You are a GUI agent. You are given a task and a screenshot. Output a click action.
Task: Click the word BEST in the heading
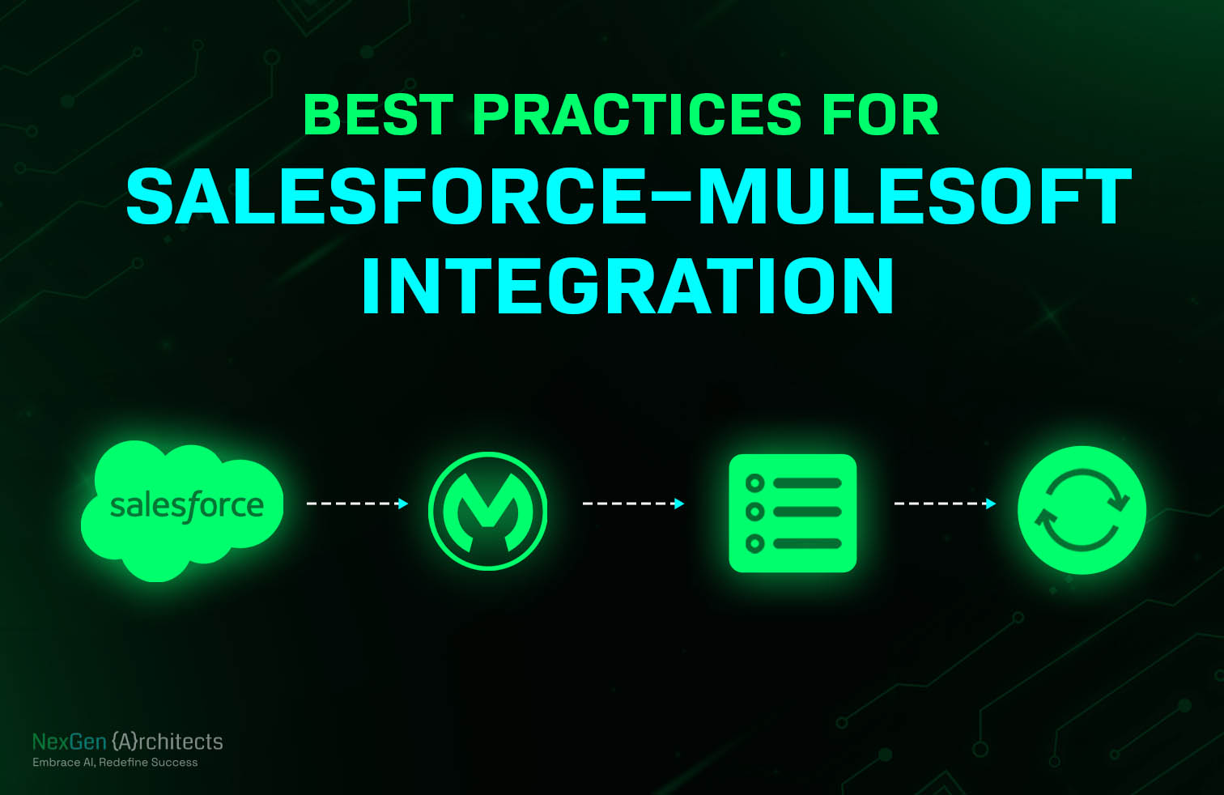coord(378,115)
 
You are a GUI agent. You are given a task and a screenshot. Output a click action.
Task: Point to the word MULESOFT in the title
coord(914,197)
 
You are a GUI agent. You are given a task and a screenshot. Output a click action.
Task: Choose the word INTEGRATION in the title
coord(628,287)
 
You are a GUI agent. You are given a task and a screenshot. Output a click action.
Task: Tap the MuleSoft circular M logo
coord(488,512)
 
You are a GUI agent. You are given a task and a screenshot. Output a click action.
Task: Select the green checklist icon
coord(793,513)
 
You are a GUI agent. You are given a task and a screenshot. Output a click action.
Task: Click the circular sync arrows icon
coord(1082,510)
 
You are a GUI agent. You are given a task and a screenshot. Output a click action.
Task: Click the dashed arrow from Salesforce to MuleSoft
coord(357,504)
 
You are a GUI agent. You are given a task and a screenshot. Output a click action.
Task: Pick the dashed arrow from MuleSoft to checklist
coord(633,504)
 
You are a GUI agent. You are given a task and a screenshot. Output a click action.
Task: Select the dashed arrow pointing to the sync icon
coord(945,504)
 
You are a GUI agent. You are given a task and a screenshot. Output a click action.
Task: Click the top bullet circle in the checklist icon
coord(755,483)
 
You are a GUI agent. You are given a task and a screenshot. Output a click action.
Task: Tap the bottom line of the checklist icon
coord(807,544)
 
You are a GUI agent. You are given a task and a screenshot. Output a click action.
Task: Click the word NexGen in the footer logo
coord(70,742)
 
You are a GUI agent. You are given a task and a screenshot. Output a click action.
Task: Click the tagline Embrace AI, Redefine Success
coord(115,763)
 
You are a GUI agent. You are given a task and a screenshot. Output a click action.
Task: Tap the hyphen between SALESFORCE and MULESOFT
coord(671,198)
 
